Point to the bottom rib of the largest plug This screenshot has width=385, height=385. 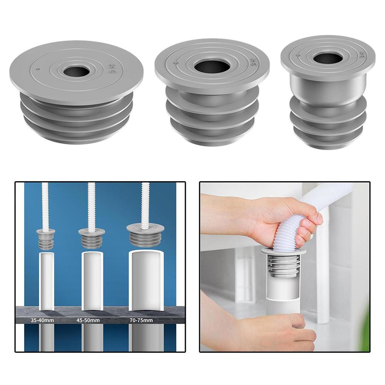coord(76,137)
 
